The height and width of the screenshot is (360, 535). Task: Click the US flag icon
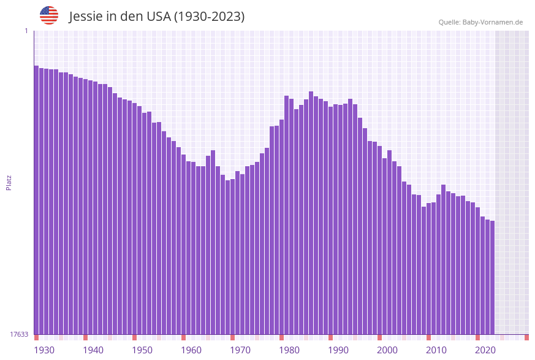49,15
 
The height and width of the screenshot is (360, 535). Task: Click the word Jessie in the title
85,17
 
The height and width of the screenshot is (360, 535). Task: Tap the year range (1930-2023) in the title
209,17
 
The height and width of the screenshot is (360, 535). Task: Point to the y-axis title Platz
9,182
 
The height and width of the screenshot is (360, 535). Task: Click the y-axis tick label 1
26,31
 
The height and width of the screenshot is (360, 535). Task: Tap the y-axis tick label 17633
19,334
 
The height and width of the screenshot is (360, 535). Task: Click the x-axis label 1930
44,350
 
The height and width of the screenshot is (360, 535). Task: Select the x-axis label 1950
142,350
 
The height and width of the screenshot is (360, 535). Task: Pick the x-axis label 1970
240,350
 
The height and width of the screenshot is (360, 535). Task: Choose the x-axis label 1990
338,350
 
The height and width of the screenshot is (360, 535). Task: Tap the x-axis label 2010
436,350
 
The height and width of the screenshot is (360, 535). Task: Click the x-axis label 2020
485,350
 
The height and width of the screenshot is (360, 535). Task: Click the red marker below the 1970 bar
233,337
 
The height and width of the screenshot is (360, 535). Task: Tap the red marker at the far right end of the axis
526,337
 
